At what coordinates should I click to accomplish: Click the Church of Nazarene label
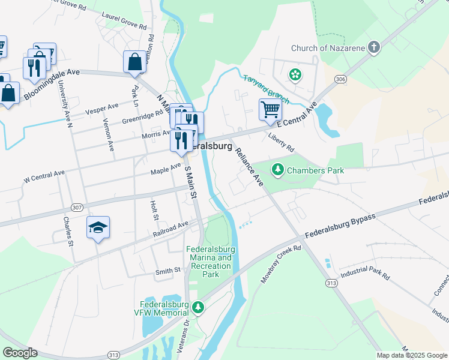pyautogui.click(x=327, y=48)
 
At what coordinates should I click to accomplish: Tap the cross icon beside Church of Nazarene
pyautogui.click(x=373, y=48)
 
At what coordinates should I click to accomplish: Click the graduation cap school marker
pyautogui.click(x=98, y=228)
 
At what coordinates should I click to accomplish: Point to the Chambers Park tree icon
pyautogui.click(x=277, y=170)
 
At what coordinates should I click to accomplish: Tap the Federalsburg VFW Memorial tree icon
pyautogui.click(x=198, y=307)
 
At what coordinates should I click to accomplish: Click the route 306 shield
pyautogui.click(x=341, y=79)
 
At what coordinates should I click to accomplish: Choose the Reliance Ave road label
pyautogui.click(x=249, y=166)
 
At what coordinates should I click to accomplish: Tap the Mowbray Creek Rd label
pyautogui.click(x=280, y=264)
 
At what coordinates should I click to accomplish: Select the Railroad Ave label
pyautogui.click(x=170, y=229)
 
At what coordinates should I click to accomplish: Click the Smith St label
pyautogui.click(x=168, y=271)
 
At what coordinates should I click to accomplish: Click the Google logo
pyautogui.click(x=20, y=352)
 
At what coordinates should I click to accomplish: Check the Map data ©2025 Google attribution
pyautogui.click(x=412, y=355)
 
